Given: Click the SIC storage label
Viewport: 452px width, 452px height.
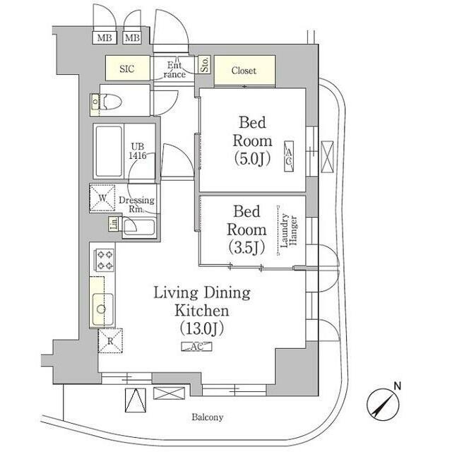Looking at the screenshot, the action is pyautogui.click(x=127, y=69).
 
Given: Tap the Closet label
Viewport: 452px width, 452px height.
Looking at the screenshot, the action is pyautogui.click(x=244, y=71).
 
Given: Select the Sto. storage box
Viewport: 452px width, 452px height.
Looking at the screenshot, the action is pyautogui.click(x=205, y=64).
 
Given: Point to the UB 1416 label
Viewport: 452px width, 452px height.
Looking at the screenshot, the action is pyautogui.click(x=138, y=151).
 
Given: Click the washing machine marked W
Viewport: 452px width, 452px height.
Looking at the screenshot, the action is pyautogui.click(x=102, y=198).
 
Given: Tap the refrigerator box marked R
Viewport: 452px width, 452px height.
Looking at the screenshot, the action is pyautogui.click(x=110, y=340).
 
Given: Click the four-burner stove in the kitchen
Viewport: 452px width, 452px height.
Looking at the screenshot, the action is pyautogui.click(x=105, y=260).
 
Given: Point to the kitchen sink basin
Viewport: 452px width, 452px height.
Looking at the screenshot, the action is pyautogui.click(x=102, y=309).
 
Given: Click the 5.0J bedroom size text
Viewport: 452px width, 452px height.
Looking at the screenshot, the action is pyautogui.click(x=252, y=158).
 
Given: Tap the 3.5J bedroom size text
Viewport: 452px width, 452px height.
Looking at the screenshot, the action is pyautogui.click(x=246, y=247).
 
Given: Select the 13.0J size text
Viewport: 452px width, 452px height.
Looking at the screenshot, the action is pyautogui.click(x=202, y=328).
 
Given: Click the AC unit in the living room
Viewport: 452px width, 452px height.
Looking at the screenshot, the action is pyautogui.click(x=196, y=347).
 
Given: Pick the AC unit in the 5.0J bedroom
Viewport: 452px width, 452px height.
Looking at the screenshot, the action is pyautogui.click(x=289, y=157).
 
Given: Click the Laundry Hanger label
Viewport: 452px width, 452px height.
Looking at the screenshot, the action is pyautogui.click(x=289, y=230).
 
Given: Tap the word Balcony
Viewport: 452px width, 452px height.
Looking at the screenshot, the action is pyautogui.click(x=208, y=417).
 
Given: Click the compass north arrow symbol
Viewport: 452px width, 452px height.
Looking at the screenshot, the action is pyautogui.click(x=383, y=403).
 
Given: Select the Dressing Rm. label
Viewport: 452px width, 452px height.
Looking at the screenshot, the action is pyautogui.click(x=136, y=204).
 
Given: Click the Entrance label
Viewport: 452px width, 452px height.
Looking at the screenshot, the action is pyautogui.click(x=174, y=70).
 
